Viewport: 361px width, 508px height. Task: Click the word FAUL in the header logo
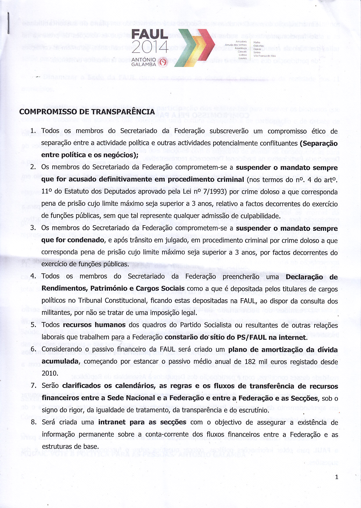tap(150, 34)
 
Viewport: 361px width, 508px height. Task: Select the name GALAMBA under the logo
tap(144, 65)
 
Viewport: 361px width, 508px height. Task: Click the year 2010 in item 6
tap(50, 374)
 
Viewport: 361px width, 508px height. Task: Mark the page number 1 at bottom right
tap(337, 477)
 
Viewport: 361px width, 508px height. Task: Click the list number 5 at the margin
tap(33, 325)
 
